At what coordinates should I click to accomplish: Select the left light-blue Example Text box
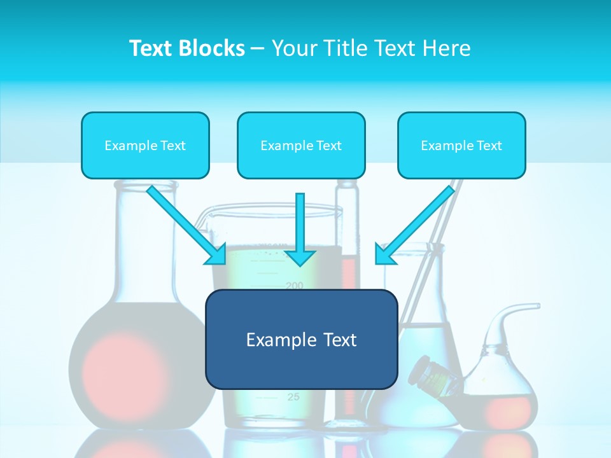coord(145,145)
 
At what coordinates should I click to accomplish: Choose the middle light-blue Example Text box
coord(301,145)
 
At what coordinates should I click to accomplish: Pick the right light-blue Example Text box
coord(461,145)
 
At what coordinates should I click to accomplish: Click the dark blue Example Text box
coord(301,339)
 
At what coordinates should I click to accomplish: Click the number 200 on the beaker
coord(295,285)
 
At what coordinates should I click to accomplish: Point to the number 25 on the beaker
coord(293,397)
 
